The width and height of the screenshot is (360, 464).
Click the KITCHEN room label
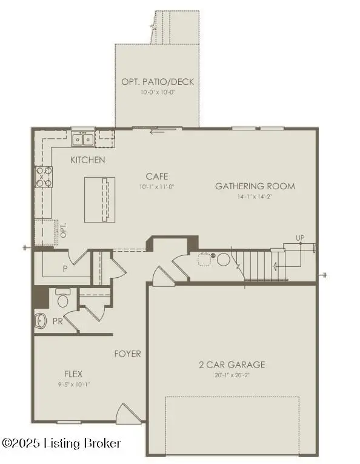coord(88,160)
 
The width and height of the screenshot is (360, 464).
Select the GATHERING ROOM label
coord(255,186)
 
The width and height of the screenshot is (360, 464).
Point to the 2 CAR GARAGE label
coord(232,365)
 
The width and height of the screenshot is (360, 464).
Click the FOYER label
coord(128,354)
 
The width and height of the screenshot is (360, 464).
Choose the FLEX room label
coord(73,374)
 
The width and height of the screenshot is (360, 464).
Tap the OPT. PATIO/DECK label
coord(157,82)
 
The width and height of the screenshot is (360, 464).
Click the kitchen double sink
coord(82,140)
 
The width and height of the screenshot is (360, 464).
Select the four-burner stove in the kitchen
coord(43,176)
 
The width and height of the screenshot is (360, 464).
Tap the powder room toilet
coord(62,300)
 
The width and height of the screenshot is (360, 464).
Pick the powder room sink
coord(41,320)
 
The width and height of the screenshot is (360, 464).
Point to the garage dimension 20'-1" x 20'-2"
coord(232,375)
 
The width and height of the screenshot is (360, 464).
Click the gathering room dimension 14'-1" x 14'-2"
coord(255,197)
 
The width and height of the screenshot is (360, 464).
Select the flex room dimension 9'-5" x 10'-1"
coord(73,383)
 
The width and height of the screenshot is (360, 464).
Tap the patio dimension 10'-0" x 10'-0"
coord(157,93)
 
